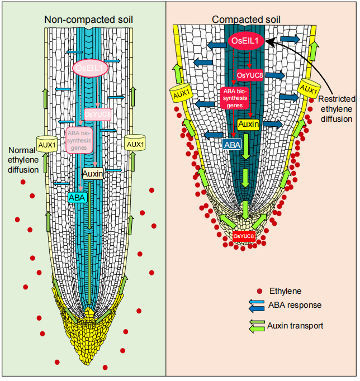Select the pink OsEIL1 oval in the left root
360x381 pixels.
(x=91, y=68)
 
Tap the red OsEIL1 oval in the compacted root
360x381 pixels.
(x=246, y=41)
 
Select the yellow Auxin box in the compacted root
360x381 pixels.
(x=248, y=124)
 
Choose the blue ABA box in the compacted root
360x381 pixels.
(x=232, y=144)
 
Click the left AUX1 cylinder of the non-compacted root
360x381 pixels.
(x=47, y=144)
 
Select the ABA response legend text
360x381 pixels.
(x=295, y=305)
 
